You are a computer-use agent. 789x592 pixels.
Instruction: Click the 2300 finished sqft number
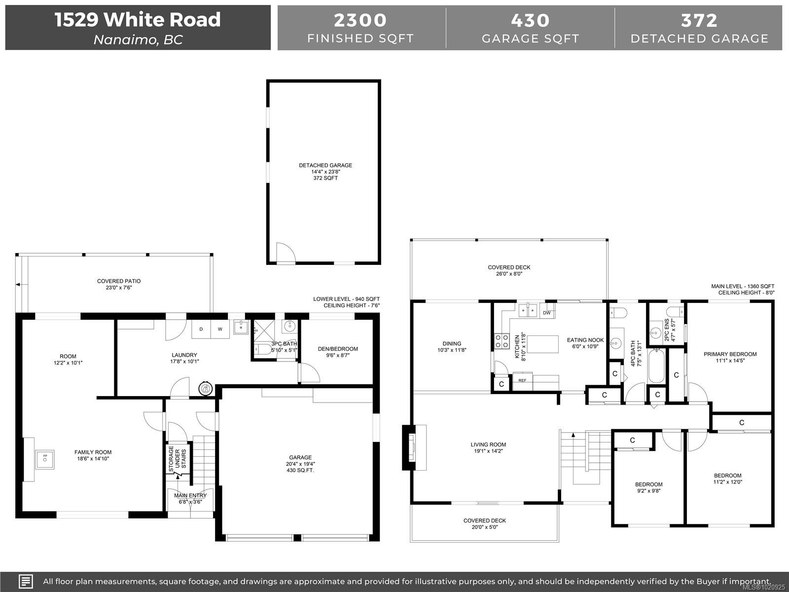tap(360, 20)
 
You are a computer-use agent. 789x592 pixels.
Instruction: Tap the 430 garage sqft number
tap(530, 20)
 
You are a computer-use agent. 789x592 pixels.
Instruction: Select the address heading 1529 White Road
tap(138, 20)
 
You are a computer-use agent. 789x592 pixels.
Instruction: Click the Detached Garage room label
tap(325, 165)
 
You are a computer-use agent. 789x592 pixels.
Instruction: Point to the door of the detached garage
tap(285, 253)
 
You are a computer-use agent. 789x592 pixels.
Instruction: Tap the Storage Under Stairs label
tap(178, 459)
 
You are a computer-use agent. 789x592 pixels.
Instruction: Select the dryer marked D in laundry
tap(201, 329)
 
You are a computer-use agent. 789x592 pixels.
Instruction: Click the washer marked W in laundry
tap(220, 329)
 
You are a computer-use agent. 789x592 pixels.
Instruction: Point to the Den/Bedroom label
tap(338, 349)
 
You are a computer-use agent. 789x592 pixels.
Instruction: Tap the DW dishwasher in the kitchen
tap(546, 313)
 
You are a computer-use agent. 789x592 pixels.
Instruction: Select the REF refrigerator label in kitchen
tap(522, 380)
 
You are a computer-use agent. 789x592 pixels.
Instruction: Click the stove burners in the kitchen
tap(502, 340)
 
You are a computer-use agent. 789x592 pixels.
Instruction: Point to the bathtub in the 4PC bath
tap(657, 366)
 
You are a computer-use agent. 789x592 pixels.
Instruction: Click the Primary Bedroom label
tap(730, 354)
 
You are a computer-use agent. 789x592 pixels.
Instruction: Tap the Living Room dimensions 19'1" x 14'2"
tap(488, 451)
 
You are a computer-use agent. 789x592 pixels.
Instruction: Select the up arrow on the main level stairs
tap(574, 436)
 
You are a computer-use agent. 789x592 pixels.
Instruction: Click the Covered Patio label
tap(119, 281)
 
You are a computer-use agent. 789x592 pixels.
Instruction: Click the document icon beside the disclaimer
tap(26, 581)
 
